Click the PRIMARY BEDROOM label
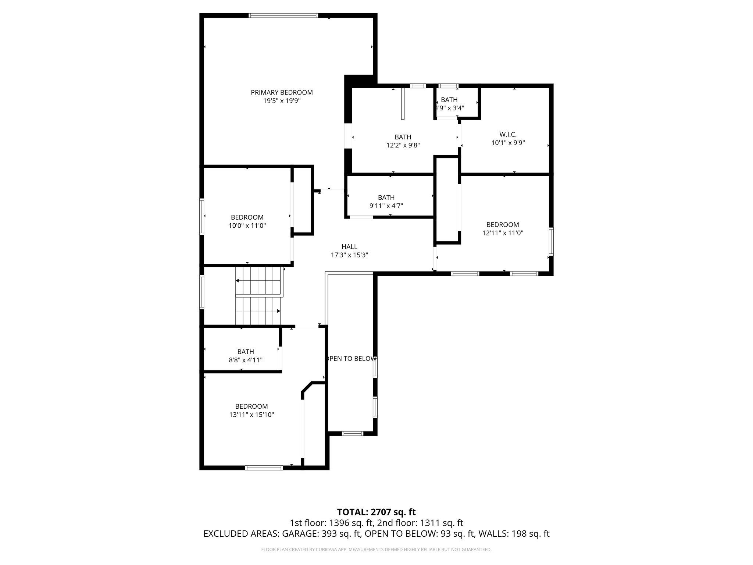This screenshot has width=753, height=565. [282, 92]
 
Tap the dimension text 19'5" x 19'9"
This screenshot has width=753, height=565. [282, 101]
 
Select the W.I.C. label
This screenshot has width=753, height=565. [508, 135]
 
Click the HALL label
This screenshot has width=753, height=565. [349, 247]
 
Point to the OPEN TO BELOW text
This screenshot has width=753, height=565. [350, 359]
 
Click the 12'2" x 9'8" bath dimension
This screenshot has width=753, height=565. [403, 145]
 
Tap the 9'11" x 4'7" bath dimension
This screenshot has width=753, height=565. [386, 206]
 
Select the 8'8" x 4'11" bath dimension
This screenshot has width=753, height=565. [246, 360]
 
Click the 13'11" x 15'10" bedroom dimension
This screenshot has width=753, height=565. [251, 415]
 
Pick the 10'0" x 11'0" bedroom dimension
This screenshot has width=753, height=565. [247, 225]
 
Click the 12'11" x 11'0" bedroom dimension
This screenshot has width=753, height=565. [503, 233]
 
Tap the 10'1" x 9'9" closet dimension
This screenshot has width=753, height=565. [508, 143]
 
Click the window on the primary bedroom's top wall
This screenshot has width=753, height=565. [283, 15]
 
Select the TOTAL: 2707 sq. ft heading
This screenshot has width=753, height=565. [376, 512]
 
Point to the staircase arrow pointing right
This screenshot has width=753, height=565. [278, 311]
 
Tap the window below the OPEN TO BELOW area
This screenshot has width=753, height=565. [353, 433]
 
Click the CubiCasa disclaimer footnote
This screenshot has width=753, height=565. [376, 550]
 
